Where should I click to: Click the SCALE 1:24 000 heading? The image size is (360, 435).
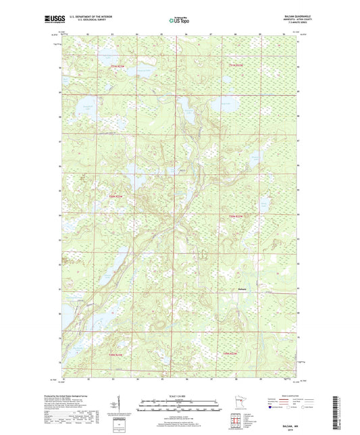coord(179,396)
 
